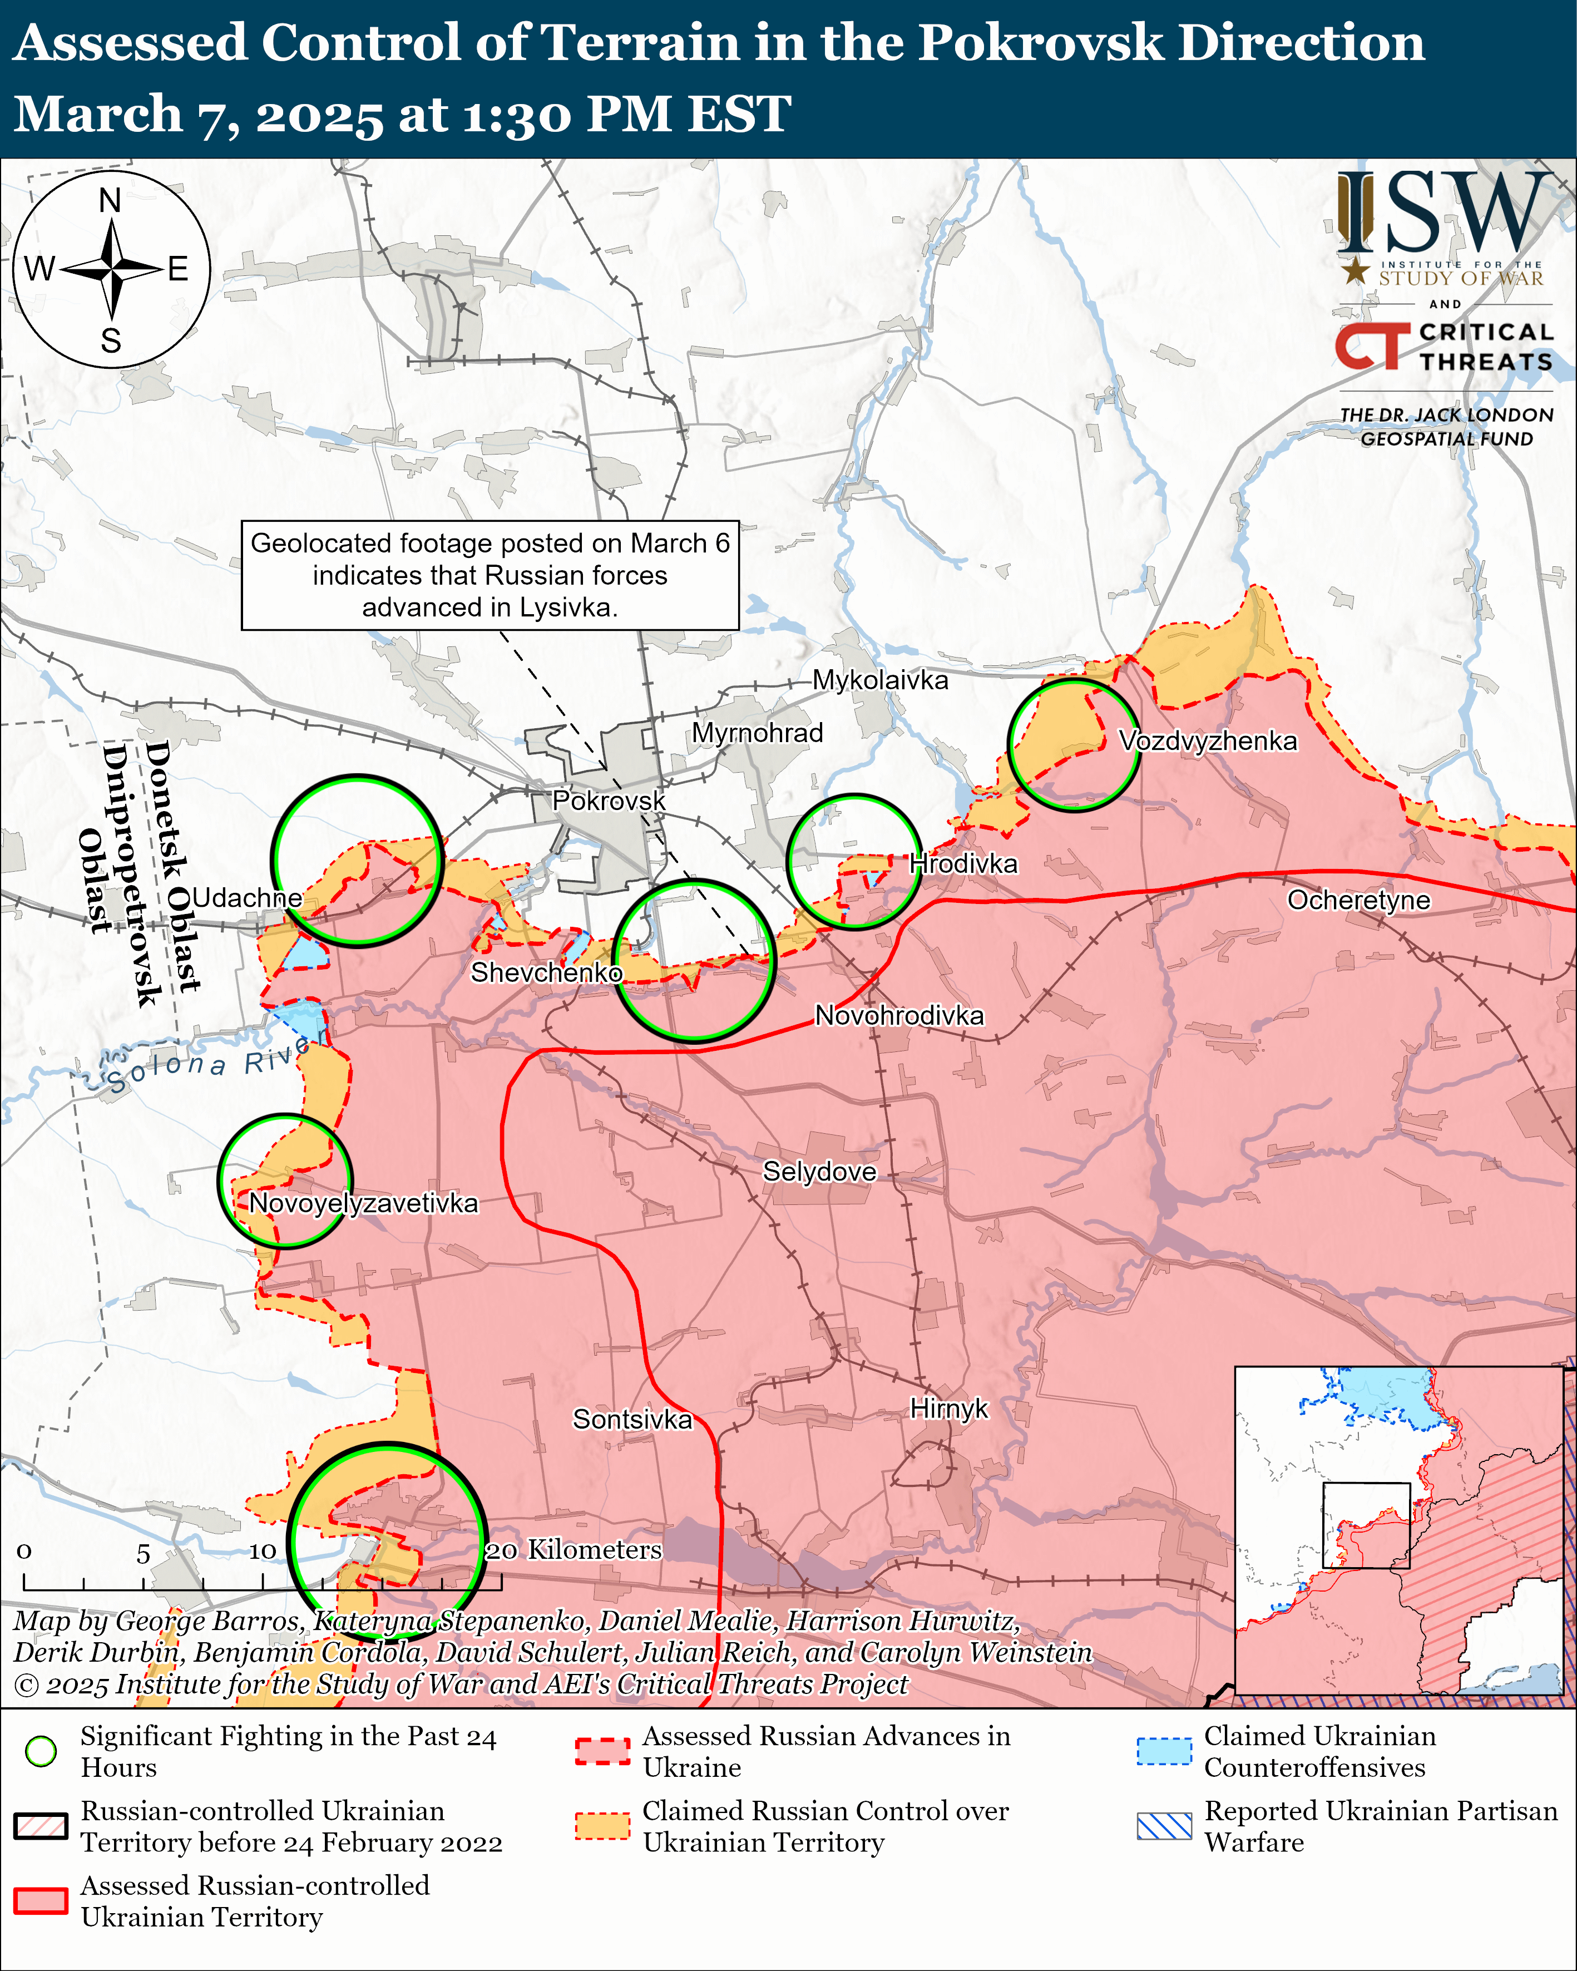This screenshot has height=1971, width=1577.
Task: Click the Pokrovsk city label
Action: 608,801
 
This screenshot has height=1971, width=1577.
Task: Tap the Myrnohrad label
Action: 757,733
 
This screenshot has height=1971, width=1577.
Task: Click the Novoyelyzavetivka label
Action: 363,1203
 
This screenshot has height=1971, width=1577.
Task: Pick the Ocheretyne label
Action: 1358,901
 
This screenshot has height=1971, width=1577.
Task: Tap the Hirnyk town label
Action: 949,1409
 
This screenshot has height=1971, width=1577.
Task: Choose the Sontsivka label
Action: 632,1420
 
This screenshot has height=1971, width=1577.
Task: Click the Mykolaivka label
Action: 881,680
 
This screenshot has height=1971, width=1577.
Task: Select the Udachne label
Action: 247,898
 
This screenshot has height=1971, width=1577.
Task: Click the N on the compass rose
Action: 111,200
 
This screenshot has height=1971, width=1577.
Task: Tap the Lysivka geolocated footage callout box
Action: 490,575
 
